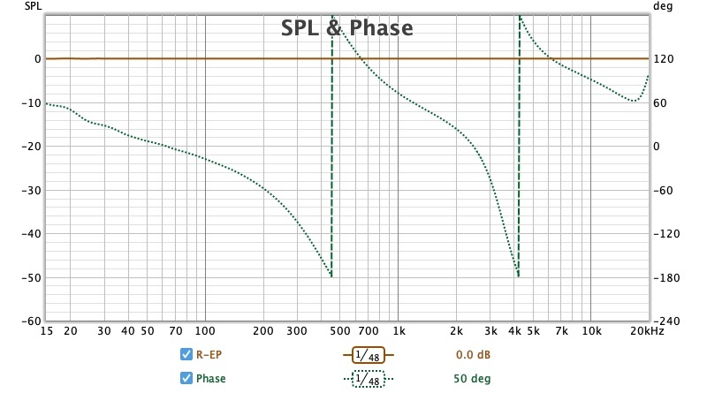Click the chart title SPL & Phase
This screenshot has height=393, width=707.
pyautogui.click(x=346, y=28)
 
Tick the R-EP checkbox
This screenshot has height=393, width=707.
pyautogui.click(x=186, y=355)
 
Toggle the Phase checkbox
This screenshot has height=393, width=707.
pyautogui.click(x=186, y=379)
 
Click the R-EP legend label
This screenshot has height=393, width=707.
pyautogui.click(x=209, y=355)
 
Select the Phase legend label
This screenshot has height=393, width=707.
pyautogui.click(x=210, y=379)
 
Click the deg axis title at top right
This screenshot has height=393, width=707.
pyautogui.click(x=662, y=5)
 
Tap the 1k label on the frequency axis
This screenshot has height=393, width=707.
pyautogui.click(x=399, y=331)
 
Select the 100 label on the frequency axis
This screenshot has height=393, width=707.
pyautogui.click(x=205, y=331)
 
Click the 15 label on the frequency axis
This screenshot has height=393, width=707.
pyautogui.click(x=46, y=331)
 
